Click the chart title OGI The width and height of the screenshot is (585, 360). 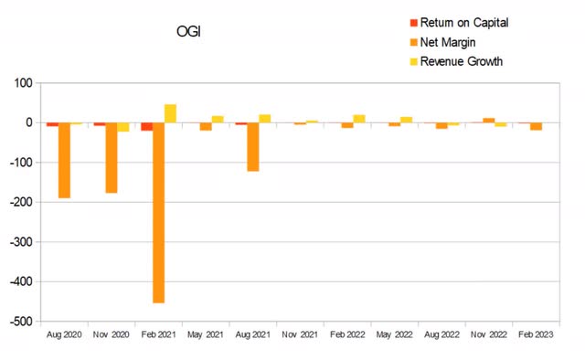[x=189, y=33]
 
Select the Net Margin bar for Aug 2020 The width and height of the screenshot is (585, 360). [x=64, y=160]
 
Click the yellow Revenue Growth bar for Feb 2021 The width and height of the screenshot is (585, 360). [x=170, y=113]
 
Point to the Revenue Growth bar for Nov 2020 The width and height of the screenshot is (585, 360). [x=123, y=127]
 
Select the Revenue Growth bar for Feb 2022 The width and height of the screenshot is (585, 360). [x=359, y=119]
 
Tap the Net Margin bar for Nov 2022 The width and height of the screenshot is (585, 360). [x=489, y=121]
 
